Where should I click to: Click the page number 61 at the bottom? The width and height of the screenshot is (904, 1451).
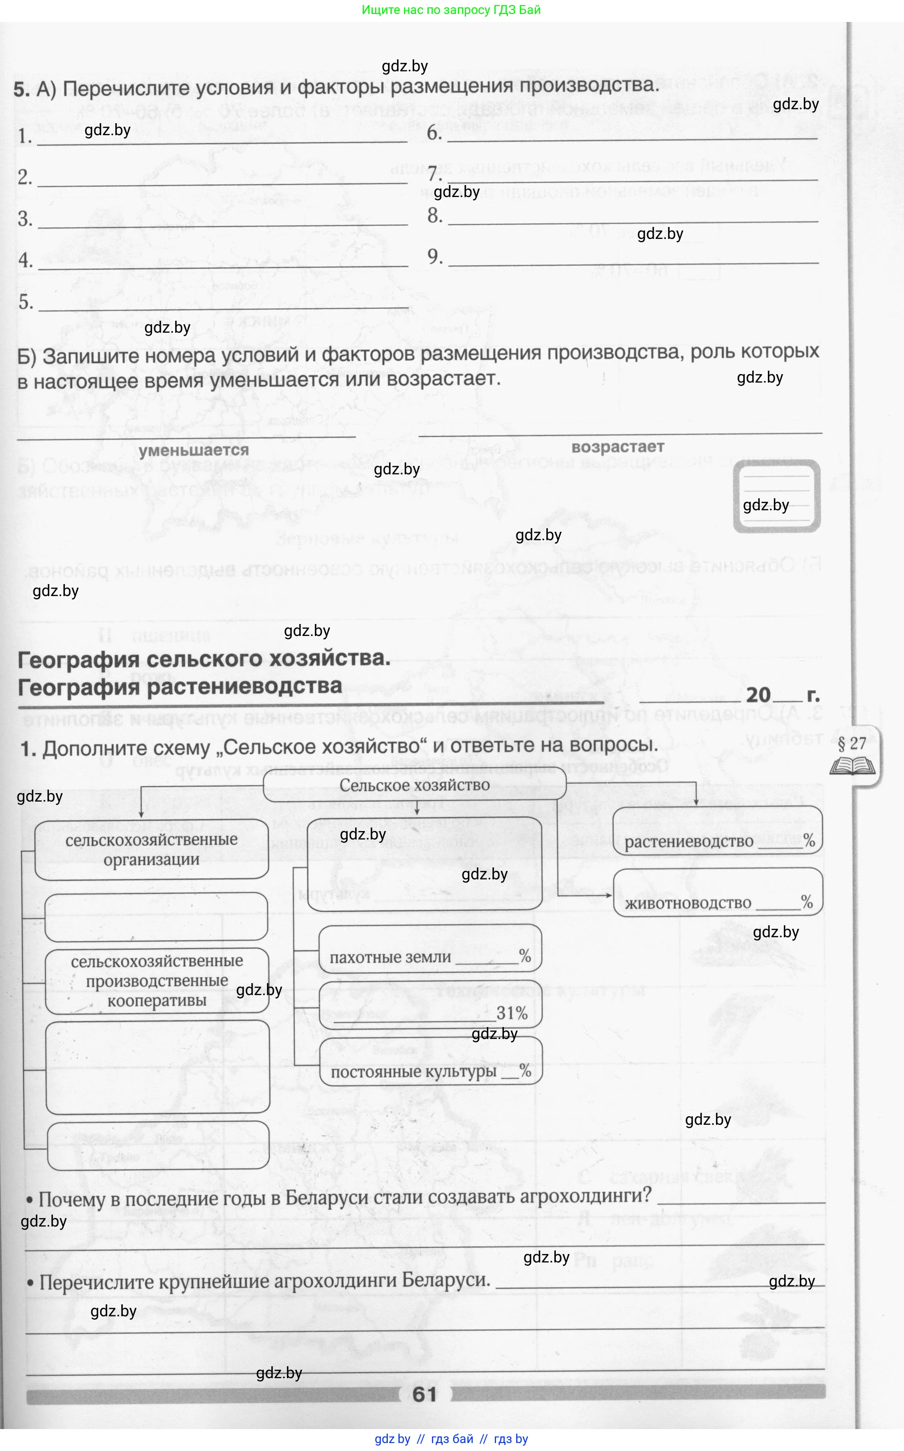click(x=425, y=1394)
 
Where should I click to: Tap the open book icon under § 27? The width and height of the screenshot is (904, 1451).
click(x=852, y=766)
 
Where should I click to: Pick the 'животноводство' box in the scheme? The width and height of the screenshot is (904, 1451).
click(x=717, y=902)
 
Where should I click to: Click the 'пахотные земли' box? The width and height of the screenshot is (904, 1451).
click(x=430, y=956)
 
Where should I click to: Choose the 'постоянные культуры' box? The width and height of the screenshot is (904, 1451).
click(x=430, y=1071)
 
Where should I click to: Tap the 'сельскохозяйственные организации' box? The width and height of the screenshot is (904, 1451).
click(x=151, y=849)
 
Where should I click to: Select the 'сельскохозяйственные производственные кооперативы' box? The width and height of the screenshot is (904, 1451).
click(x=157, y=980)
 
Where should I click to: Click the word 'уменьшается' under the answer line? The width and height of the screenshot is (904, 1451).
click(x=194, y=449)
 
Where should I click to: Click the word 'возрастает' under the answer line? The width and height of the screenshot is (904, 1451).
click(x=618, y=446)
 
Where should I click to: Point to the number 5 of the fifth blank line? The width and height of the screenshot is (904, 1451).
click(x=25, y=302)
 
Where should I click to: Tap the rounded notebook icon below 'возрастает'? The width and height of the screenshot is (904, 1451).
click(x=776, y=495)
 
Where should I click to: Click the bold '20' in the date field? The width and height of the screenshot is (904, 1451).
click(x=758, y=694)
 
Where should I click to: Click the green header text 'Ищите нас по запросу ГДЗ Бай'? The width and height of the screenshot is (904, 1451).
click(x=451, y=9)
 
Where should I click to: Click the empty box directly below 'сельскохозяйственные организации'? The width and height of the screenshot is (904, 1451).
click(x=156, y=916)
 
